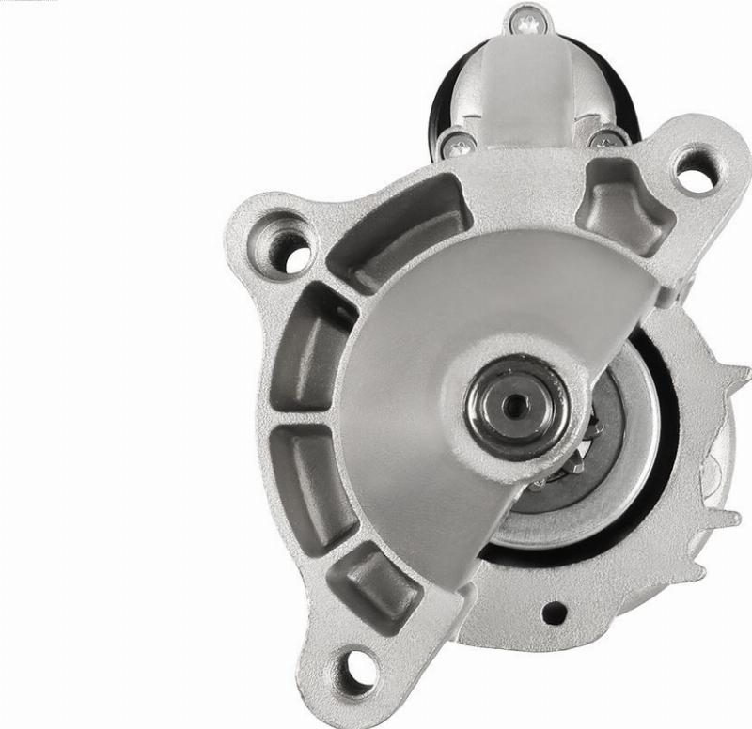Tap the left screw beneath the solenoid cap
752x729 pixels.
pyautogui.click(x=461, y=144)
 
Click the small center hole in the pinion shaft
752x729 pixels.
pyautogui.click(x=514, y=406)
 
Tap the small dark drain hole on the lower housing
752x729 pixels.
pyautogui.click(x=554, y=613)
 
